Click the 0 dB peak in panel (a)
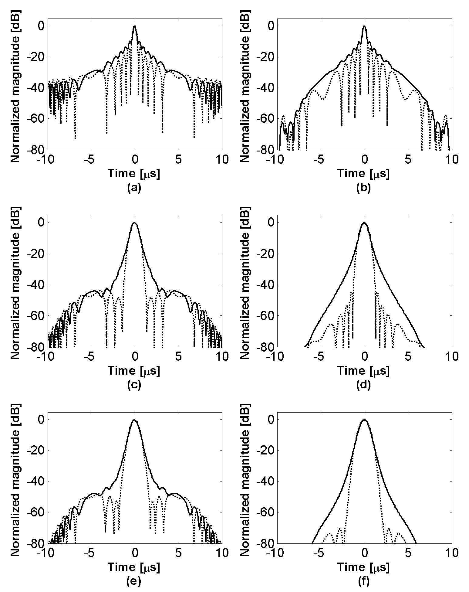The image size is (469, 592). click(x=135, y=26)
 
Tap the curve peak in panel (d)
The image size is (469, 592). click(x=364, y=223)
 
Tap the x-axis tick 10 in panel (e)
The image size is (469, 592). click(x=222, y=553)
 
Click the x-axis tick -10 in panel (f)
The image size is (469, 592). click(x=276, y=553)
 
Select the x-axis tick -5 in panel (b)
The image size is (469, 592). click(x=319, y=159)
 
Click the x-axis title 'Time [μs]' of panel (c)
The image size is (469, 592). click(x=134, y=371)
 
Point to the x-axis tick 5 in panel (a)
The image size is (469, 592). click(x=179, y=159)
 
